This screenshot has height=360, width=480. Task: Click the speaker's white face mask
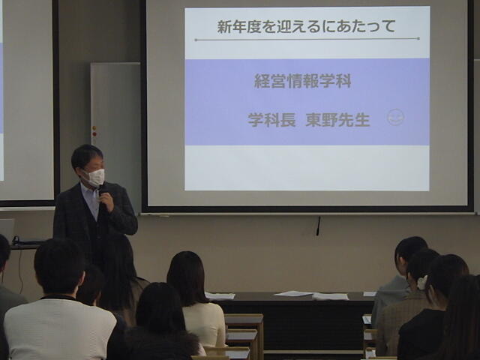94,177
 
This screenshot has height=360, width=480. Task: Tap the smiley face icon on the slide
395,118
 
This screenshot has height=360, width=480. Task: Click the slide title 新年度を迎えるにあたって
307,26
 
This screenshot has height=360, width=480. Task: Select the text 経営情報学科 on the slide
303,82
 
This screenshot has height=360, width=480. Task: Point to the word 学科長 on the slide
271,120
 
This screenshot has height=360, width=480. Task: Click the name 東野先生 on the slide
338,120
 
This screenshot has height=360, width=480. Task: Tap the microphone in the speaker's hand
101,191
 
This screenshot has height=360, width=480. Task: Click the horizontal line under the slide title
307,39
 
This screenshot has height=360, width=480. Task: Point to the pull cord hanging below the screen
319,226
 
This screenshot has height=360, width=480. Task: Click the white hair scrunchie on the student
422,283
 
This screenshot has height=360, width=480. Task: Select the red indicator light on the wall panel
94,134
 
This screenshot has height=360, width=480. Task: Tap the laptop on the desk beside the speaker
7,230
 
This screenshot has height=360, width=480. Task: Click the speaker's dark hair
87,156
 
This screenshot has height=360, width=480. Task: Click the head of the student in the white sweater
59,265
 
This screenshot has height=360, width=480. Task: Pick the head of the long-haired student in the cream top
186,277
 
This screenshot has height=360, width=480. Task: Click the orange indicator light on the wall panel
94,128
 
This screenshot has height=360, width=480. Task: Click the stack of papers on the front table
330,296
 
